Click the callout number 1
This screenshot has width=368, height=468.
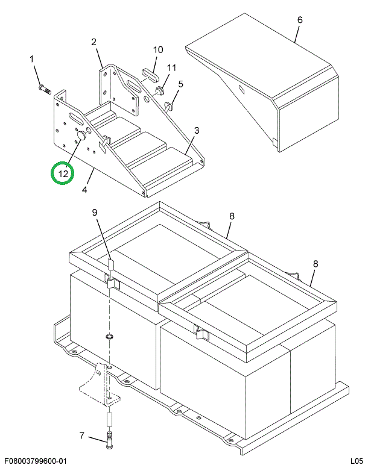tap(33, 59)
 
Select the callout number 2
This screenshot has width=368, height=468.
tap(94, 42)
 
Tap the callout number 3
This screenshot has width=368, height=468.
tap(197, 130)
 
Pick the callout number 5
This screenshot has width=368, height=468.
tap(180, 84)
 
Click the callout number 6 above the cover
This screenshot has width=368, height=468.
tap(299, 20)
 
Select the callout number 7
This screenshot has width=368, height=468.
tap(82, 436)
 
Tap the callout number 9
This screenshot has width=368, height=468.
tap(94, 212)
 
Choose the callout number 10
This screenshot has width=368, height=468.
tap(157, 49)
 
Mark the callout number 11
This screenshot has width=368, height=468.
tap(171, 68)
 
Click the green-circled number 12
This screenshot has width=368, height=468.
tap(63, 173)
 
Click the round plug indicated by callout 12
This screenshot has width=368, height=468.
tap(81, 139)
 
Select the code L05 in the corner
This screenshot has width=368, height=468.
tap(356, 461)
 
